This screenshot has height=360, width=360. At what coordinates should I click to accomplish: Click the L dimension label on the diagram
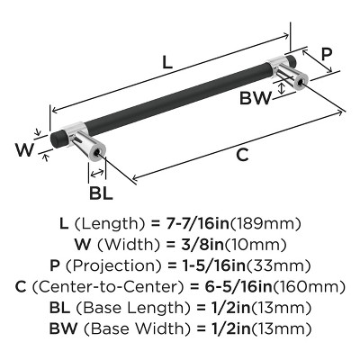point(167,63)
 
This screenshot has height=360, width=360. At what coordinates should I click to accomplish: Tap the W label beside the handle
point(24,149)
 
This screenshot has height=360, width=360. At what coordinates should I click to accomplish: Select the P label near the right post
point(327,54)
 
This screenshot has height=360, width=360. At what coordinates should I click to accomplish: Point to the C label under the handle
point(242,155)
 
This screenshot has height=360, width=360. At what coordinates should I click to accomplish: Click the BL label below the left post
point(101,193)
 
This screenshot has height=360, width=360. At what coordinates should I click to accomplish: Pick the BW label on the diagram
point(256,98)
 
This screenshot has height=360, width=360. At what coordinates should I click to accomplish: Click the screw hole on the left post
point(97,153)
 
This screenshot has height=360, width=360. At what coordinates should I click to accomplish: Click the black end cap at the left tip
point(55,140)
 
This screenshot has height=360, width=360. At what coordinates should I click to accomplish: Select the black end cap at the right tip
point(291,61)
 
